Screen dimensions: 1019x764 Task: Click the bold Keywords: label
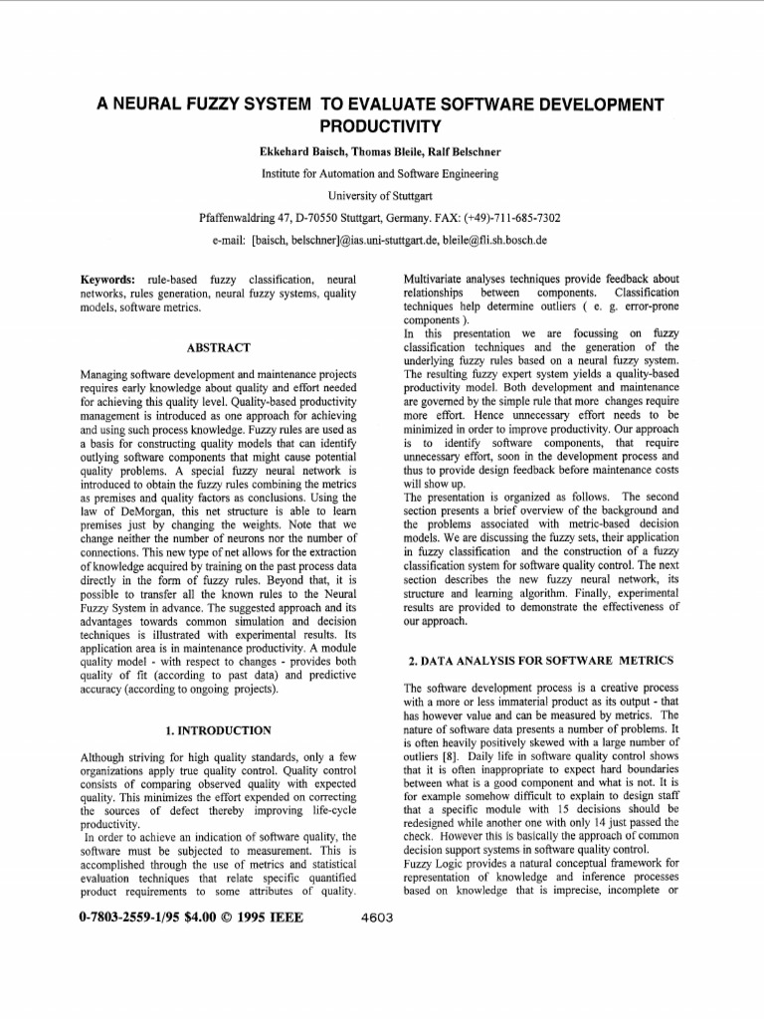pos(107,281)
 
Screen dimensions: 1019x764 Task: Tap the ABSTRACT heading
pos(218,347)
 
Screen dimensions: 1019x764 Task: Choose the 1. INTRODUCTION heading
pos(218,730)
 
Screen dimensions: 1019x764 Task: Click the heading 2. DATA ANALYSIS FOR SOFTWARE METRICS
pos(541,661)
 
